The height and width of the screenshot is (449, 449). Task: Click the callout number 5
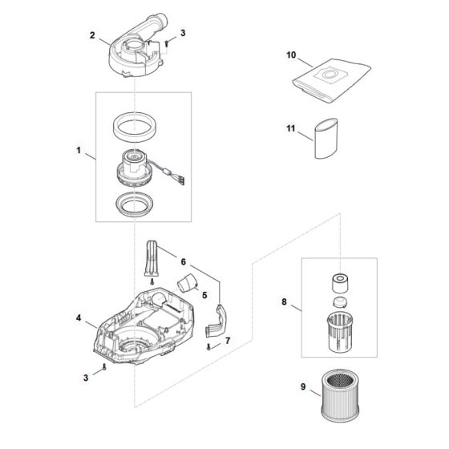click(204, 294)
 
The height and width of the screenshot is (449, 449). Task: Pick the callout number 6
click(184, 262)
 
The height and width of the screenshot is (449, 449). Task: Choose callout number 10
click(291, 55)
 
